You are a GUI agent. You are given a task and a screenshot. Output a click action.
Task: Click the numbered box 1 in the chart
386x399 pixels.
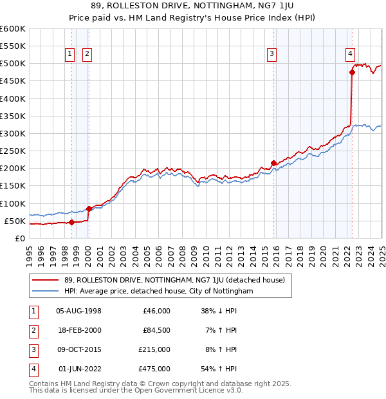tap(69, 55)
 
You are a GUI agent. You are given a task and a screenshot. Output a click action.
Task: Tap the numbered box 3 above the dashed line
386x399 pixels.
tap(272, 55)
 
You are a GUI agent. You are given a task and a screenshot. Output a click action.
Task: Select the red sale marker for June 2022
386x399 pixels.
tap(352, 73)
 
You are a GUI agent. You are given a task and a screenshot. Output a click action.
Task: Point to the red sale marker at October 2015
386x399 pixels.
tap(274, 163)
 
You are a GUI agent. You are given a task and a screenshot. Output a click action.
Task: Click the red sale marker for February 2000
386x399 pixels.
tap(89, 209)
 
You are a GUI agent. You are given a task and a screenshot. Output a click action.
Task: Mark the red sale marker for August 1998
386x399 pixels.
tap(71, 222)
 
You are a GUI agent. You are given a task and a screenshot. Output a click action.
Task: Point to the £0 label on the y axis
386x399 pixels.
tap(19, 238)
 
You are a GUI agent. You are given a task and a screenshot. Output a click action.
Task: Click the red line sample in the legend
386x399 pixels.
tap(46, 279)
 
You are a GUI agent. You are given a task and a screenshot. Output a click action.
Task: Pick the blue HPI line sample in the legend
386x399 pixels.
tap(46, 291)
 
